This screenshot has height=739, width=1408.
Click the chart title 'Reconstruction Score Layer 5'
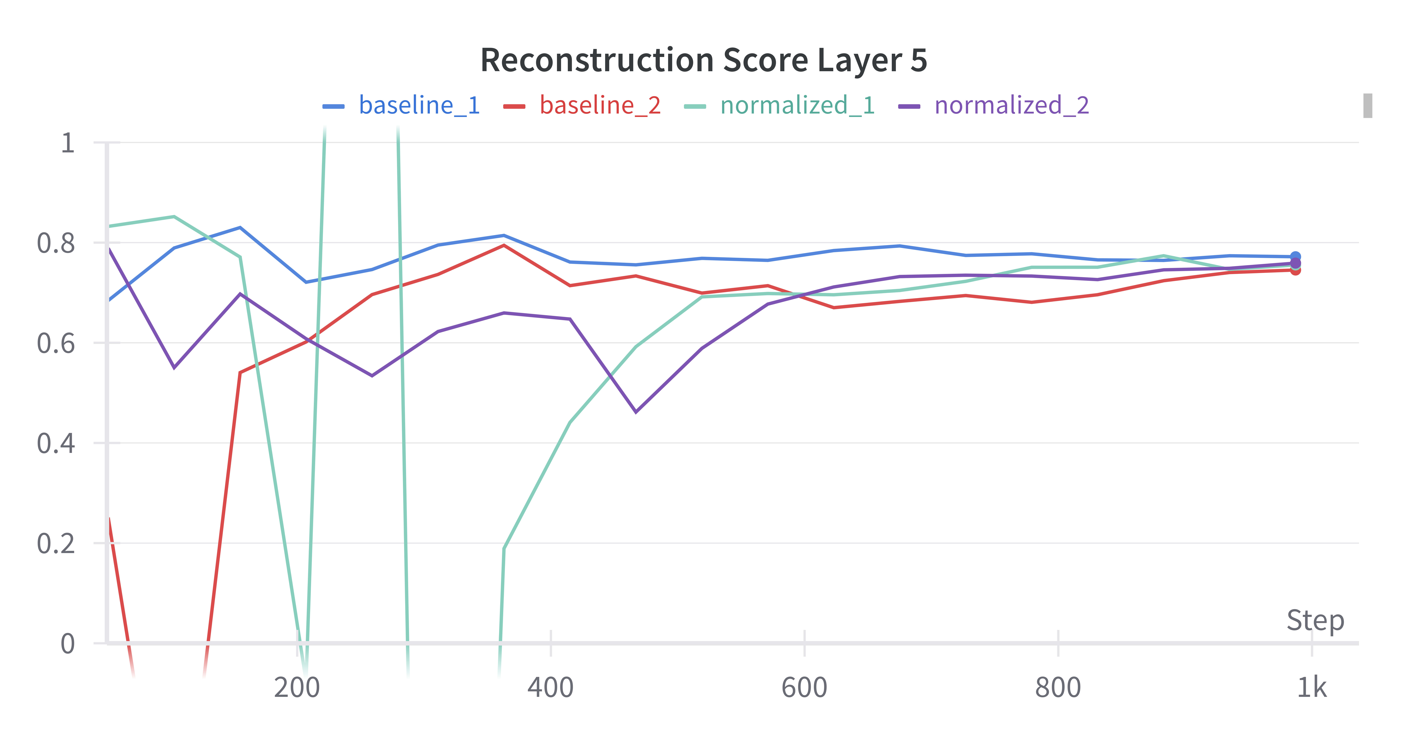pos(703,60)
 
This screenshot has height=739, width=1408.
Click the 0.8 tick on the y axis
pos(56,243)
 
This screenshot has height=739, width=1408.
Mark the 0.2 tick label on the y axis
pos(56,543)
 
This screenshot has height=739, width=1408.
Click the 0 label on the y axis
pos(68,643)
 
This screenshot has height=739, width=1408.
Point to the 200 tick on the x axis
pos(297,687)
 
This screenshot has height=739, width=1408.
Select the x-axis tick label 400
pos(550,687)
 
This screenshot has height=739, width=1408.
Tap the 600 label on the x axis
pos(804,687)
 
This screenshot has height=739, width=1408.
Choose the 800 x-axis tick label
pos(1058,687)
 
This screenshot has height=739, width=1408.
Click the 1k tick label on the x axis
pos(1312,687)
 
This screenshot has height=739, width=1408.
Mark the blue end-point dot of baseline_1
pos(1295,256)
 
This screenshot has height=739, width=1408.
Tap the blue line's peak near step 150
pos(240,227)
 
